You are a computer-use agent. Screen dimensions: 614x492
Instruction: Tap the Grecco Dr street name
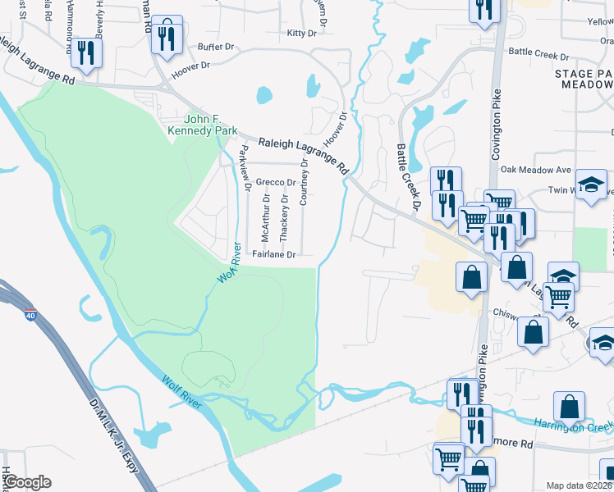point(275,182)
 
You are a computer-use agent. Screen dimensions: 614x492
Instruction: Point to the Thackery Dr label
point(284,217)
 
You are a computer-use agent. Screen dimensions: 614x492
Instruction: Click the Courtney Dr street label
point(304,182)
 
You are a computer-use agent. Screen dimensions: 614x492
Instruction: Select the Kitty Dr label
point(301,34)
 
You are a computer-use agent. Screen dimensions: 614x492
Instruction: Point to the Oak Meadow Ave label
point(535,170)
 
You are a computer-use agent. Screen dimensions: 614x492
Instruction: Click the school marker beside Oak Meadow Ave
point(589,184)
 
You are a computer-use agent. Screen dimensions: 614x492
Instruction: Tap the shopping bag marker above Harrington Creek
point(569,406)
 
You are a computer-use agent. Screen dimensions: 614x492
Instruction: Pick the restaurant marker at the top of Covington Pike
point(483,9)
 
